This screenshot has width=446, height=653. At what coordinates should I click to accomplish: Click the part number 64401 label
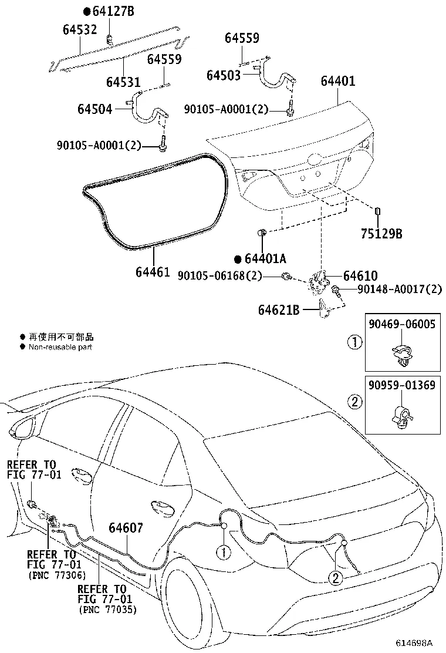[x=337, y=80]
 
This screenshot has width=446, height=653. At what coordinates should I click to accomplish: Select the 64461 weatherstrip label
[x=153, y=272]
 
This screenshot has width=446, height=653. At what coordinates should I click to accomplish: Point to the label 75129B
[x=381, y=233]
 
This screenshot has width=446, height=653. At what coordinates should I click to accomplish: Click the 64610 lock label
[x=360, y=275]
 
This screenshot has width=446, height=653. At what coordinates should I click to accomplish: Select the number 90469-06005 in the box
[x=403, y=324]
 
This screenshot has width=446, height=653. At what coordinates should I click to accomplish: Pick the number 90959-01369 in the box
[x=403, y=385]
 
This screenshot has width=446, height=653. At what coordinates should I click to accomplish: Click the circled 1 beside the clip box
[x=354, y=341]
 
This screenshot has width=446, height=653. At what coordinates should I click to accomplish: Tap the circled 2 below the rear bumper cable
[x=335, y=578]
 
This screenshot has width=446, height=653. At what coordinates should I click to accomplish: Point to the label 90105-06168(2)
[x=219, y=275]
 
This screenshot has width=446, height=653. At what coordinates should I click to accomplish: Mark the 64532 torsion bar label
[x=80, y=29]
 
